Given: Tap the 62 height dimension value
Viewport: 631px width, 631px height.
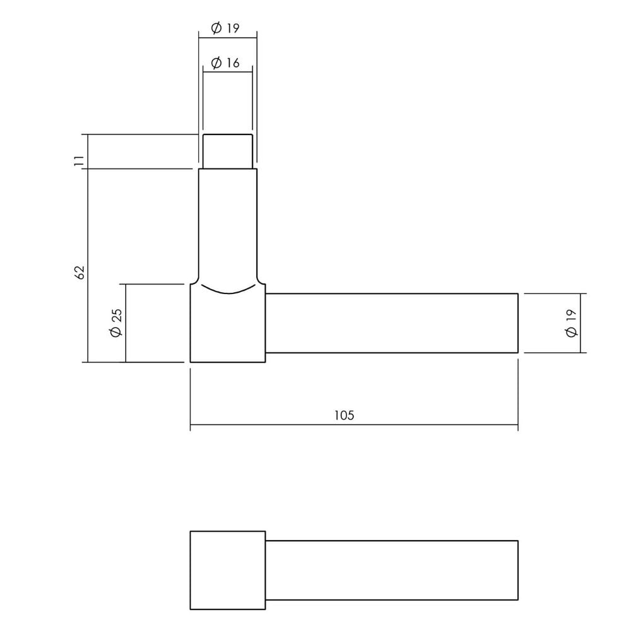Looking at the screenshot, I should (80, 272).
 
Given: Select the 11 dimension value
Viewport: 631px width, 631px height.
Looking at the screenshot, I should (80, 160).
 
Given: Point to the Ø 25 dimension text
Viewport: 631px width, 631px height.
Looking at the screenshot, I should (116, 323).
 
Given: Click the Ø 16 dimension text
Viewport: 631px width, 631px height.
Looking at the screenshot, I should (225, 63).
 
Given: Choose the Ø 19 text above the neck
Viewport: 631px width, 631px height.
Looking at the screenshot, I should (225, 28).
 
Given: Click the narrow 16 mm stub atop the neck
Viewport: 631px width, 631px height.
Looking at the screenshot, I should (228, 151).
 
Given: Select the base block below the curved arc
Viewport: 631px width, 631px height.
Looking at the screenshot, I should (228, 328).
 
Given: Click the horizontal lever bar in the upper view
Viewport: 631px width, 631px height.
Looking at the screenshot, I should (391, 323).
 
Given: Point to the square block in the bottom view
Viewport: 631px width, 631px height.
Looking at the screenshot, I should (228, 570).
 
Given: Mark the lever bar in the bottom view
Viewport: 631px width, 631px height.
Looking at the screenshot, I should (391, 570).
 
